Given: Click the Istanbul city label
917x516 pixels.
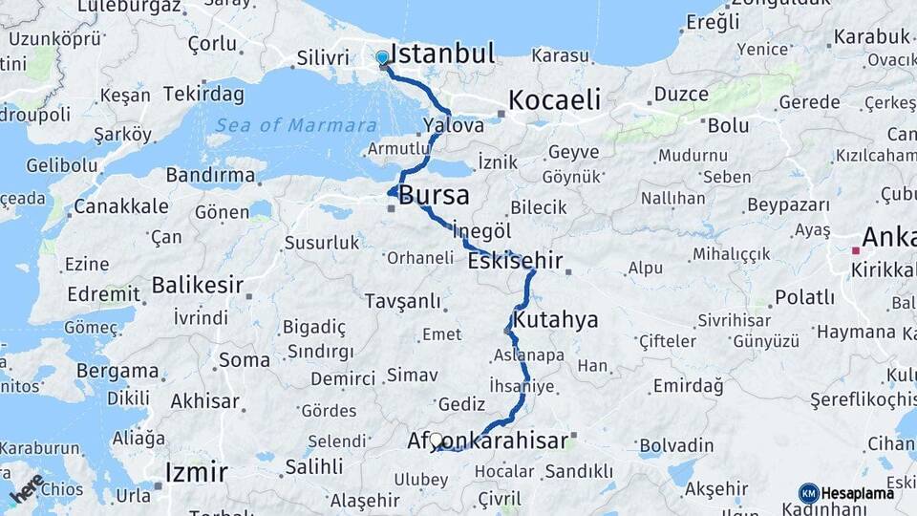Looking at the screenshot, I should point(443,53).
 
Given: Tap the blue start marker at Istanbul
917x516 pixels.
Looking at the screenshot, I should point(383,57).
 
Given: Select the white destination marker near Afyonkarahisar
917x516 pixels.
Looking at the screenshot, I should point(436,440).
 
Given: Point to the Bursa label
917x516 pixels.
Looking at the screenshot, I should point(435,196).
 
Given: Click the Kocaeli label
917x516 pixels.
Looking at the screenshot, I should point(554,99).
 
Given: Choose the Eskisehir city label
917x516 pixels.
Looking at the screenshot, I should point(515,261).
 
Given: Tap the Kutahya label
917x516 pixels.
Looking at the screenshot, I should point(556,319).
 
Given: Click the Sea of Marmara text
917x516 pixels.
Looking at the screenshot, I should point(295,126).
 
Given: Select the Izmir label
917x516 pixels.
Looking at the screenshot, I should point(196,472).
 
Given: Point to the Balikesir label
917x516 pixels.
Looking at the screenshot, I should point(198,285).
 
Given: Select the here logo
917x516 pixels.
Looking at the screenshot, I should point(26,488).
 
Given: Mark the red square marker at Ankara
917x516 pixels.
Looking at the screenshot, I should point(855,250).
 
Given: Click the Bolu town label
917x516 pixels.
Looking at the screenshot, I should point(728,125).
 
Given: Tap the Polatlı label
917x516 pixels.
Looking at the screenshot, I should point(804,297).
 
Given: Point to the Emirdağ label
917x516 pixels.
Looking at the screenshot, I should point(687,386).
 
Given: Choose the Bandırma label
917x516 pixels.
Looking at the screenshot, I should point(211,175).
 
